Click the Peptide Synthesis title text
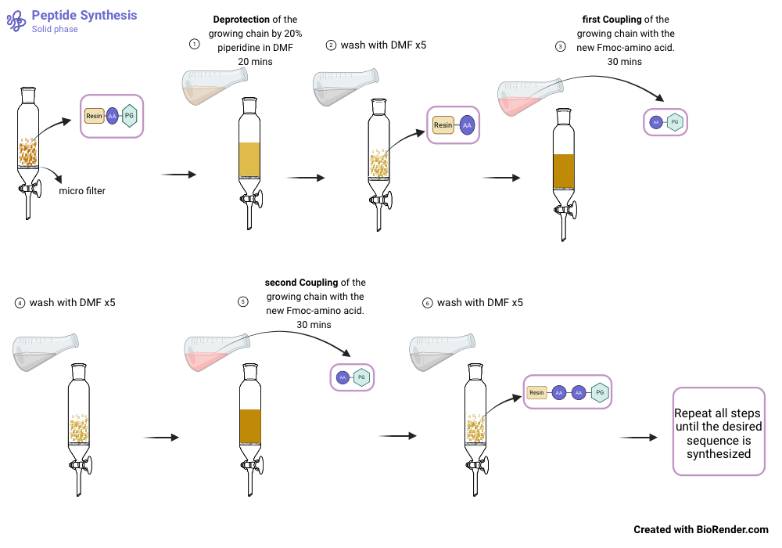pyautogui.click(x=84, y=15)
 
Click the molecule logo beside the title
pyautogui.click(x=16, y=21)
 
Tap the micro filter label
pyautogui.click(x=82, y=191)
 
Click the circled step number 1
pyautogui.click(x=194, y=45)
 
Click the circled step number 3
pyautogui.click(x=560, y=46)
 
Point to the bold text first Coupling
pyautogui.click(x=612, y=20)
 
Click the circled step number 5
pyautogui.click(x=243, y=302)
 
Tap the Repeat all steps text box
pyautogui.click(x=718, y=431)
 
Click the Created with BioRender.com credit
pyautogui.click(x=701, y=530)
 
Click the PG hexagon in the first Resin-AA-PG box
pyautogui.click(x=130, y=116)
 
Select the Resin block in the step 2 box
pyautogui.click(x=443, y=125)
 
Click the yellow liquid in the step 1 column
pyautogui.click(x=249, y=159)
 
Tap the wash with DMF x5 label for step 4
pyautogui.click(x=72, y=302)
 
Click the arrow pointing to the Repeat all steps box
pyautogui.click(x=637, y=438)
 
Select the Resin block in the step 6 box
pyautogui.click(x=536, y=392)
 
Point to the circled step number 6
pyautogui.click(x=426, y=302)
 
